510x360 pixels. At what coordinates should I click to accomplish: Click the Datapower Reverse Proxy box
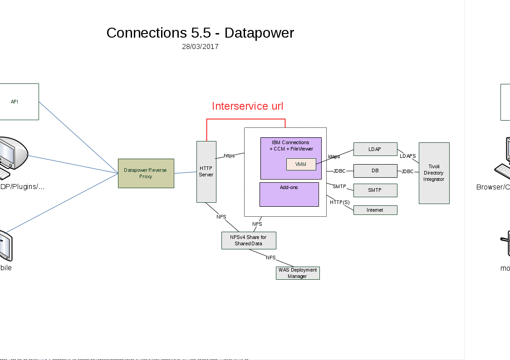[x=146, y=173]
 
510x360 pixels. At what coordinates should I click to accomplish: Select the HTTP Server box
[x=206, y=171]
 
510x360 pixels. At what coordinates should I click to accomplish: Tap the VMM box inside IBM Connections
[x=301, y=164]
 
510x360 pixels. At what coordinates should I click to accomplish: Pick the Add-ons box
[x=289, y=194]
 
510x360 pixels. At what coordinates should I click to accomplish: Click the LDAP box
[x=375, y=149]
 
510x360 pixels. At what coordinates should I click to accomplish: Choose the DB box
[x=375, y=171]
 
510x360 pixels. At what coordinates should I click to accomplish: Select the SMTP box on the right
[x=375, y=190]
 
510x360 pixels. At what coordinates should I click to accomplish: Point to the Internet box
[x=375, y=210]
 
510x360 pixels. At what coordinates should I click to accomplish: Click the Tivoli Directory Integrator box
[x=434, y=173]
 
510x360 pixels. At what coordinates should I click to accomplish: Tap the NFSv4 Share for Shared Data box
[x=248, y=240]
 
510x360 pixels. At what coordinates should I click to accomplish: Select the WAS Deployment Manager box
[x=297, y=273]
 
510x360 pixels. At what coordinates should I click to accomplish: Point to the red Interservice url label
[x=247, y=106]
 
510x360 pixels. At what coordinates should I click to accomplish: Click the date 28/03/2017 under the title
[x=200, y=47]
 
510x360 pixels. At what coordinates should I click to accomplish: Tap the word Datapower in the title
[x=259, y=33]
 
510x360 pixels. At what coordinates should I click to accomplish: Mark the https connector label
[x=229, y=156]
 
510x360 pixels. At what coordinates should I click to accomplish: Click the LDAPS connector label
[x=407, y=156]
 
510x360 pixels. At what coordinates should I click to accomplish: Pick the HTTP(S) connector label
[x=339, y=202]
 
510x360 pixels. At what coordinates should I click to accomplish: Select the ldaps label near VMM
[x=334, y=156]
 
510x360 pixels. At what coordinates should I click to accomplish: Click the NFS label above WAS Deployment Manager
[x=271, y=258]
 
